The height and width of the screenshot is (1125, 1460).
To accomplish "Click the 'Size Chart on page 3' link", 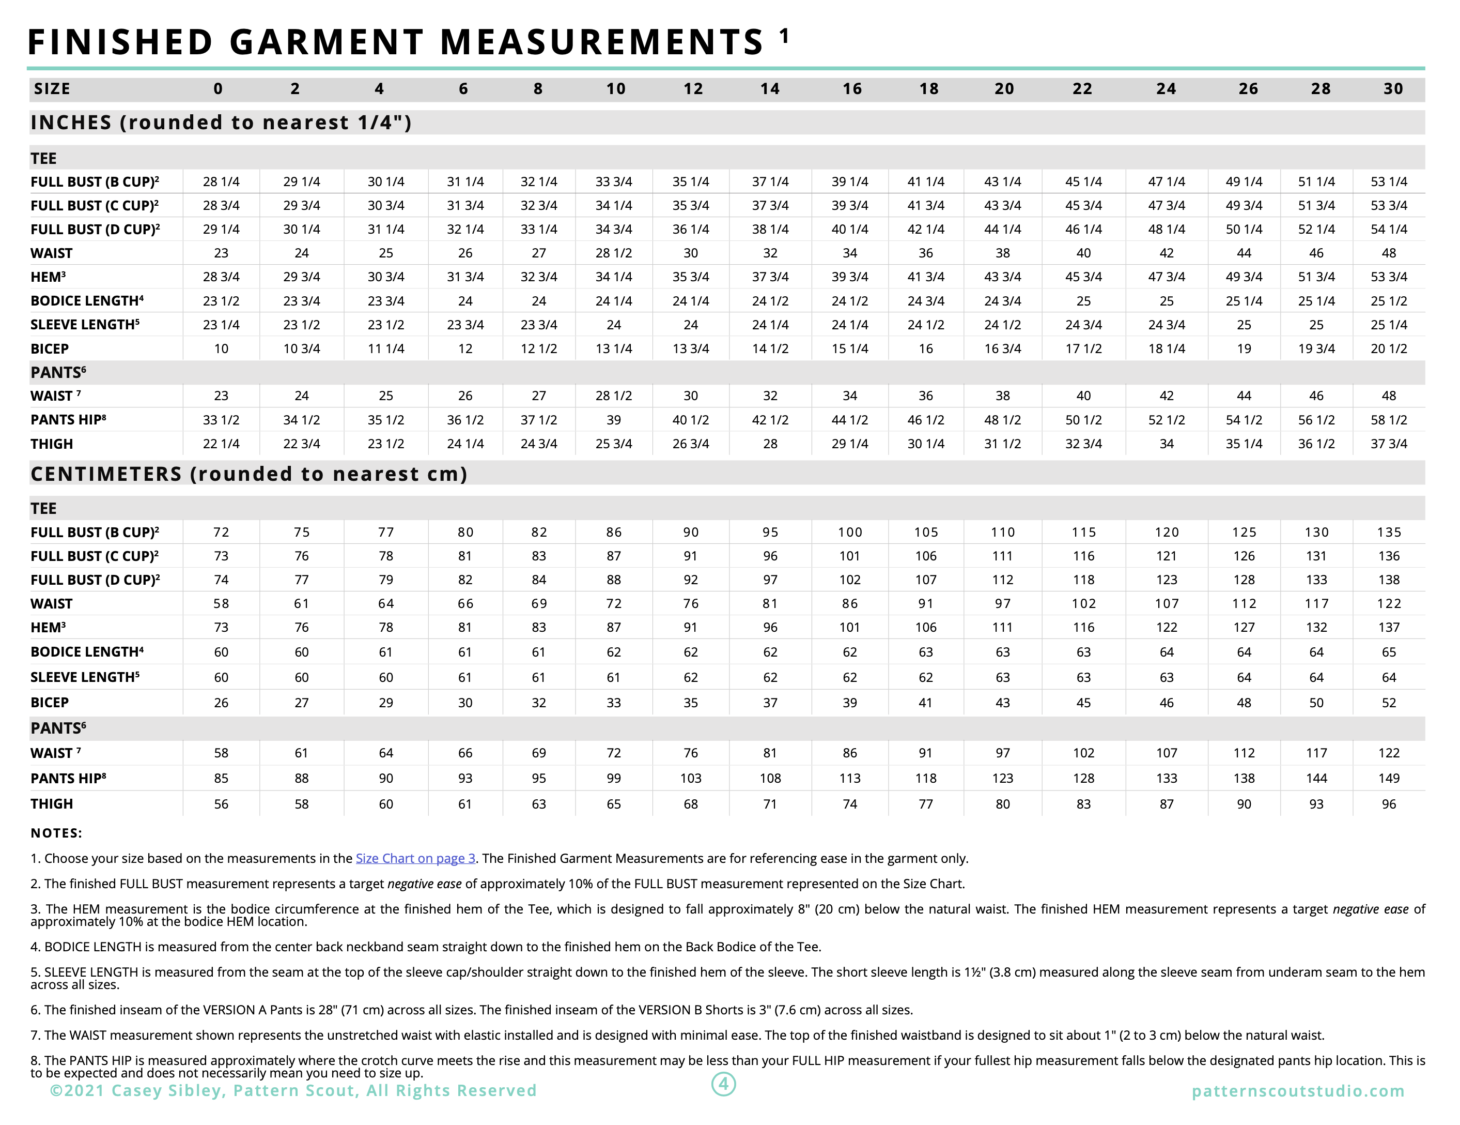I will (x=415, y=858).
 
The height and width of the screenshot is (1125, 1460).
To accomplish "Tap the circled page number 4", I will (x=723, y=1084).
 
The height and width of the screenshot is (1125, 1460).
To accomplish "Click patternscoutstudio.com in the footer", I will (x=1298, y=1091).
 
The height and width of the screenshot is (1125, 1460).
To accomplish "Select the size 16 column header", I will (x=851, y=89).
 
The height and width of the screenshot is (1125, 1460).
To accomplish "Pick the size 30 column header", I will (x=1393, y=89).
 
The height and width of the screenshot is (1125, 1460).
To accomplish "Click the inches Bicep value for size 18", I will (x=925, y=348).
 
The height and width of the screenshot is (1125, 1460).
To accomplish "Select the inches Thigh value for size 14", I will (x=770, y=444).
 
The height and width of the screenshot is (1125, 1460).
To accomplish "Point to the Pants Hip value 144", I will (x=1316, y=778).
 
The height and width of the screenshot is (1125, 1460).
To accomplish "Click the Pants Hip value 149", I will (x=1389, y=778).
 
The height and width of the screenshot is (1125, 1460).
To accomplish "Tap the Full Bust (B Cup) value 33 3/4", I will (x=614, y=182).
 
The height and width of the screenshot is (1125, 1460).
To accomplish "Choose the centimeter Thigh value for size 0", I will (x=221, y=804).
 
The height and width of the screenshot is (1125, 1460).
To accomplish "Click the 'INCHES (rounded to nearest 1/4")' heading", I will (x=221, y=123).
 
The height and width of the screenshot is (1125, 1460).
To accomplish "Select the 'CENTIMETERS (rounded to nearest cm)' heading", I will (x=248, y=474).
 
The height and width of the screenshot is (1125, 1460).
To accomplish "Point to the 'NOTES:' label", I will (x=56, y=833).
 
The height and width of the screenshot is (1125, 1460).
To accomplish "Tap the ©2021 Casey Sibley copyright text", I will (x=293, y=1091).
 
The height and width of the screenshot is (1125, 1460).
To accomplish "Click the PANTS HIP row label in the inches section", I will (x=68, y=420).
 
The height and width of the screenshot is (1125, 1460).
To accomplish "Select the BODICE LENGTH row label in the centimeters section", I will (x=87, y=652).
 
